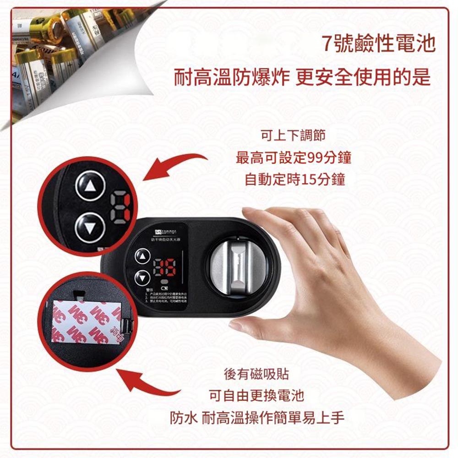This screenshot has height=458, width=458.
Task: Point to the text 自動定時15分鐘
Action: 294,179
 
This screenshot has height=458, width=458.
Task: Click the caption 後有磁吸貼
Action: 256,374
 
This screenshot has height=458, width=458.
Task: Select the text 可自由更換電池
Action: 256,395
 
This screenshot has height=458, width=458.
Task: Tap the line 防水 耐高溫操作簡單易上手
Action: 256,417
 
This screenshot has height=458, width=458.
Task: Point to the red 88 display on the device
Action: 164,269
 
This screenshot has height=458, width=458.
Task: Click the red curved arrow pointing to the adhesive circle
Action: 151,380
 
